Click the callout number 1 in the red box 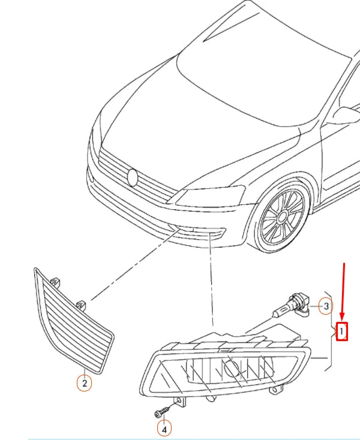point(341,331)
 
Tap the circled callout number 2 point(84,382)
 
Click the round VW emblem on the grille point(133,177)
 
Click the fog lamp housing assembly point(228,366)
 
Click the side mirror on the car point(347,114)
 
